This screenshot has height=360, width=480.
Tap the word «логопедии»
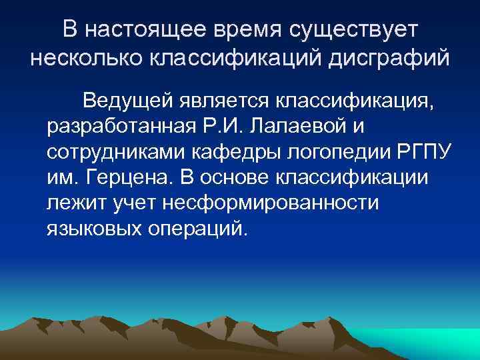coord(327,152)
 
